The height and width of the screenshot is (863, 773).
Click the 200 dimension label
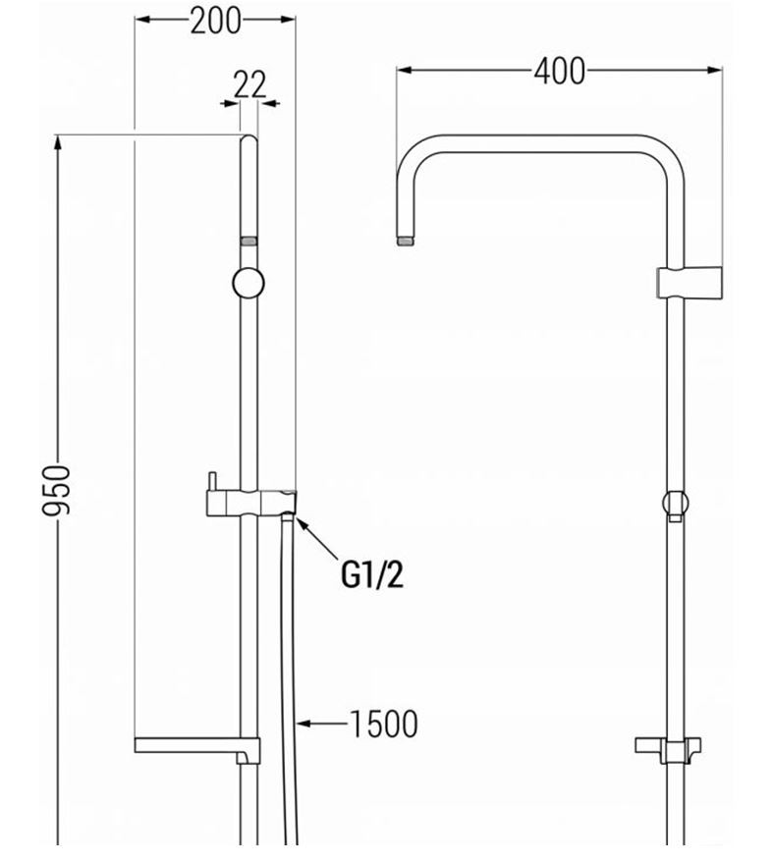[215, 21]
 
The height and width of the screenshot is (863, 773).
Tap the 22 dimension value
[249, 84]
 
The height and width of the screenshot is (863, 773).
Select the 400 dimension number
[559, 71]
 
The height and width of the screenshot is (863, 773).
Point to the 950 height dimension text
[57, 490]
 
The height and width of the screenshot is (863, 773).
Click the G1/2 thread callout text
[372, 575]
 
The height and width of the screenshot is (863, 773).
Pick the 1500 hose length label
[384, 724]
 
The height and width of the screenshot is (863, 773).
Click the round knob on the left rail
[248, 283]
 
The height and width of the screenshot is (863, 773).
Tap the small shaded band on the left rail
[248, 242]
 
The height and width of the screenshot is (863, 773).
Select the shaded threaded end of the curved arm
[406, 242]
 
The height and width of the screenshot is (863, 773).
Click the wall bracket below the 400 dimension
[690, 283]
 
